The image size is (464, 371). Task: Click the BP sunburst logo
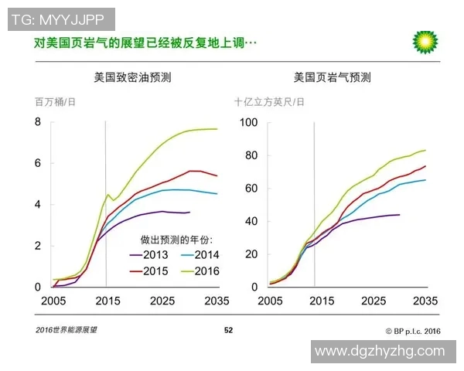click(424, 42)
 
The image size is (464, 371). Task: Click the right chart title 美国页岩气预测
click(333, 77)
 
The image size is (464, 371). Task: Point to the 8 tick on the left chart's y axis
click(37, 122)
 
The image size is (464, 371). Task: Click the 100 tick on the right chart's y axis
click(249, 122)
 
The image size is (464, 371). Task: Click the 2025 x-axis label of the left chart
click(161, 300)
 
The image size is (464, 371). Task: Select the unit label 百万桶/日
click(54, 101)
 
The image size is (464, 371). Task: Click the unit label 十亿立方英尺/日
click(269, 101)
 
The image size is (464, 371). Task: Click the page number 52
click(228, 330)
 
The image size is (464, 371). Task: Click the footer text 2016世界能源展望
click(66, 330)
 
